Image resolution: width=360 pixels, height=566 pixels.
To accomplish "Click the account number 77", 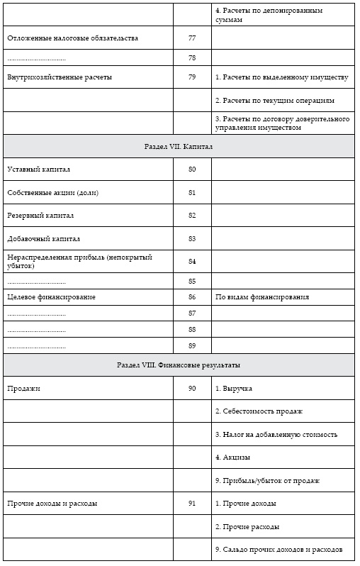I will coord(191,38).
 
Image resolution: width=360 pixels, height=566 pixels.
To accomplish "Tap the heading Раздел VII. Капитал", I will coord(179,147).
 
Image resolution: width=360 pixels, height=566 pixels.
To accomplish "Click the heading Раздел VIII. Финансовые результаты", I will coord(179,365).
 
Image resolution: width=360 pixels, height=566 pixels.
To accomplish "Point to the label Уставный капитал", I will coord(38,170).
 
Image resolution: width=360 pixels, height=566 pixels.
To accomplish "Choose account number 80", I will coord(191,170).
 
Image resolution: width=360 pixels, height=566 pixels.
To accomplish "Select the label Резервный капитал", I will coord(40,216).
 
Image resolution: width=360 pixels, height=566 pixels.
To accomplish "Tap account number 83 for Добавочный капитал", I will coord(191,239).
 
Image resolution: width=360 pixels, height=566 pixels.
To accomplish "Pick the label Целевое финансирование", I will coord(51,297).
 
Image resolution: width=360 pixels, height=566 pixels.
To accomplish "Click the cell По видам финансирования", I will coord(261,297).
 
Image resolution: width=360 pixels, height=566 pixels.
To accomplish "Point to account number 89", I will coord(191,345).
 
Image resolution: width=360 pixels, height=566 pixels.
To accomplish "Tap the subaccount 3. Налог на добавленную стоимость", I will coord(276,434).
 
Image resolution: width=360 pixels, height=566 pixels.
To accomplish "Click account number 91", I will coord(191,504).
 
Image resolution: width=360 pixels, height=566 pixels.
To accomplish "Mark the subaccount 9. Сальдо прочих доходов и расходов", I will coord(279,550).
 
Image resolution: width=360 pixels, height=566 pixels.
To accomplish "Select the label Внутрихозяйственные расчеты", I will coord(59,77).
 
